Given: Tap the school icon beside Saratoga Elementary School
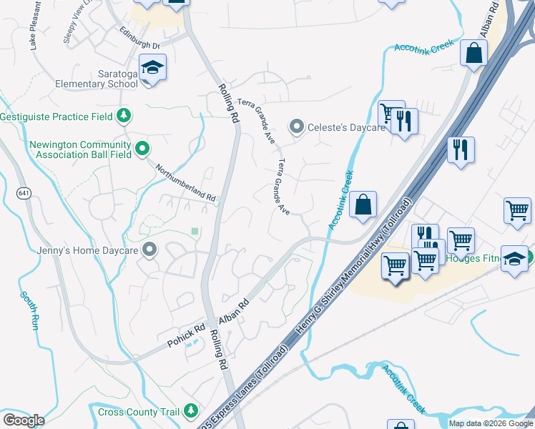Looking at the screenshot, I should pyautogui.click(x=152, y=67).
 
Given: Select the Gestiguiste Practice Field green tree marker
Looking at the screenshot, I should pyautogui.click(x=124, y=115).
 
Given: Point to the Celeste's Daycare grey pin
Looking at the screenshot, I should pyautogui.click(x=296, y=127).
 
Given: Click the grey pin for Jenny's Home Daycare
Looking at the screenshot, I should pyautogui.click(x=149, y=250).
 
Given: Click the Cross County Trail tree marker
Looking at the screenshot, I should pyautogui.click(x=190, y=410).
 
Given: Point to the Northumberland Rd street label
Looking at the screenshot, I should pyautogui.click(x=185, y=182).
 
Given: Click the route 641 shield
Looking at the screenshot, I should pyautogui.click(x=24, y=194).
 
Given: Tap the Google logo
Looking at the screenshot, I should pyautogui.click(x=24, y=420).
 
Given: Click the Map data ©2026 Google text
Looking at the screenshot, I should pyautogui.click(x=490, y=423).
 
